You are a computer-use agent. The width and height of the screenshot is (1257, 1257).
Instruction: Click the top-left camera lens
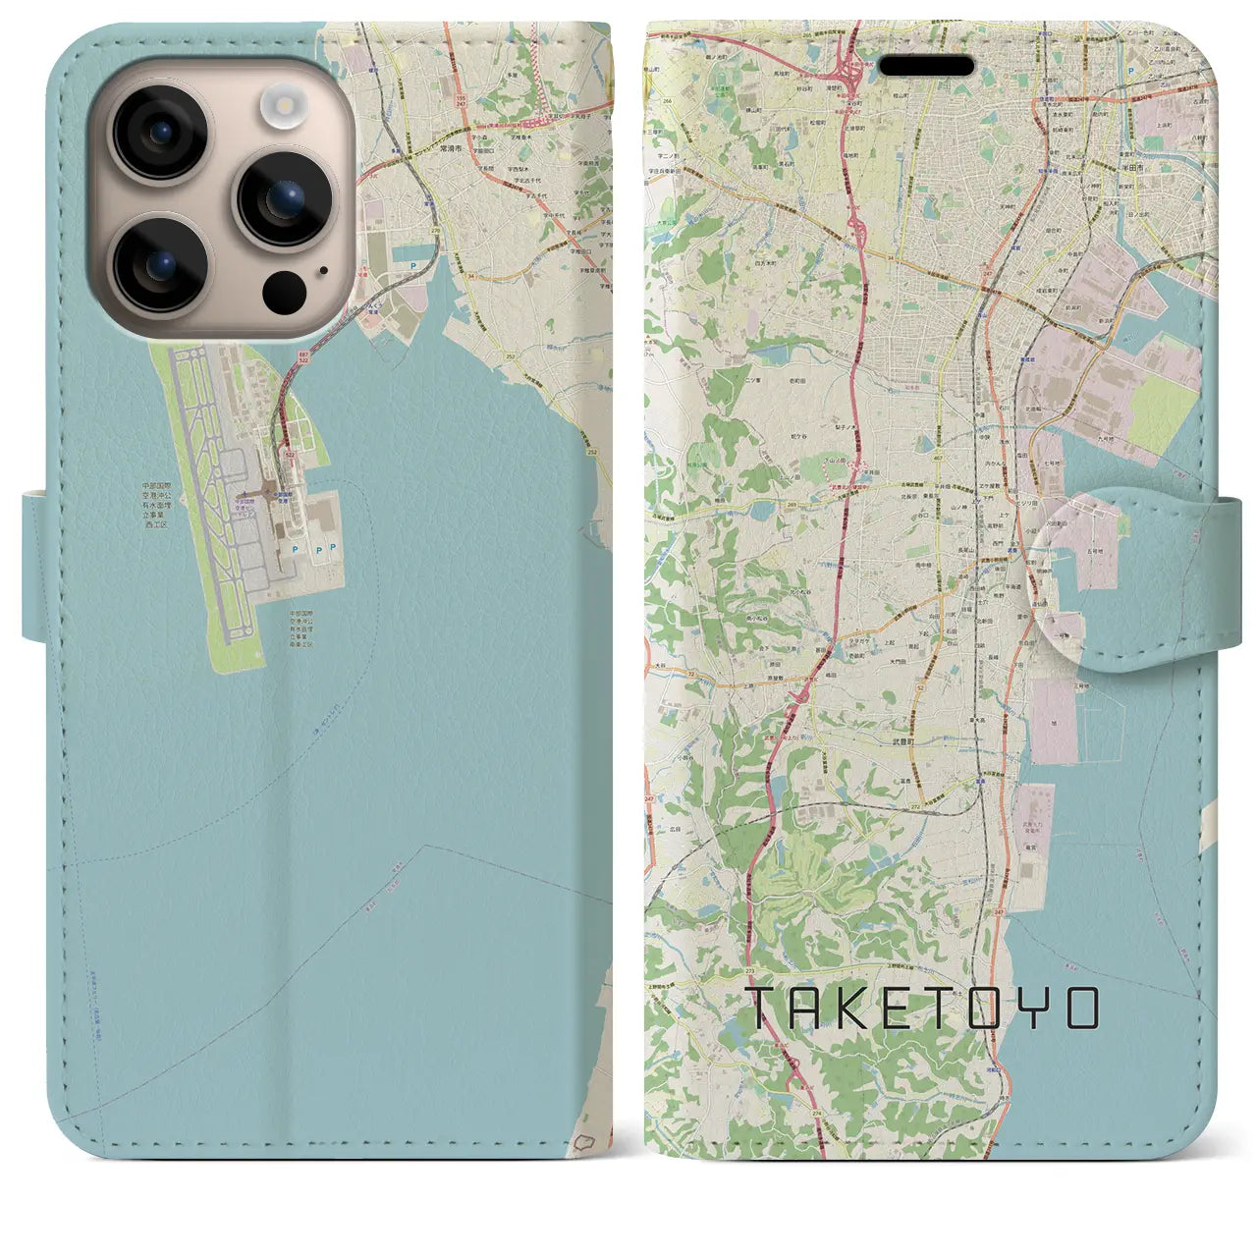(160, 134)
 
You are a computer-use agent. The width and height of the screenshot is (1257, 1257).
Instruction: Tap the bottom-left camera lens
(160, 262)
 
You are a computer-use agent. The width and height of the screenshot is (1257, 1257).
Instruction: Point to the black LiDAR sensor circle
(285, 288)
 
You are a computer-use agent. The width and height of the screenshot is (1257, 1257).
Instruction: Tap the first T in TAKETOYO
(765, 1009)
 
